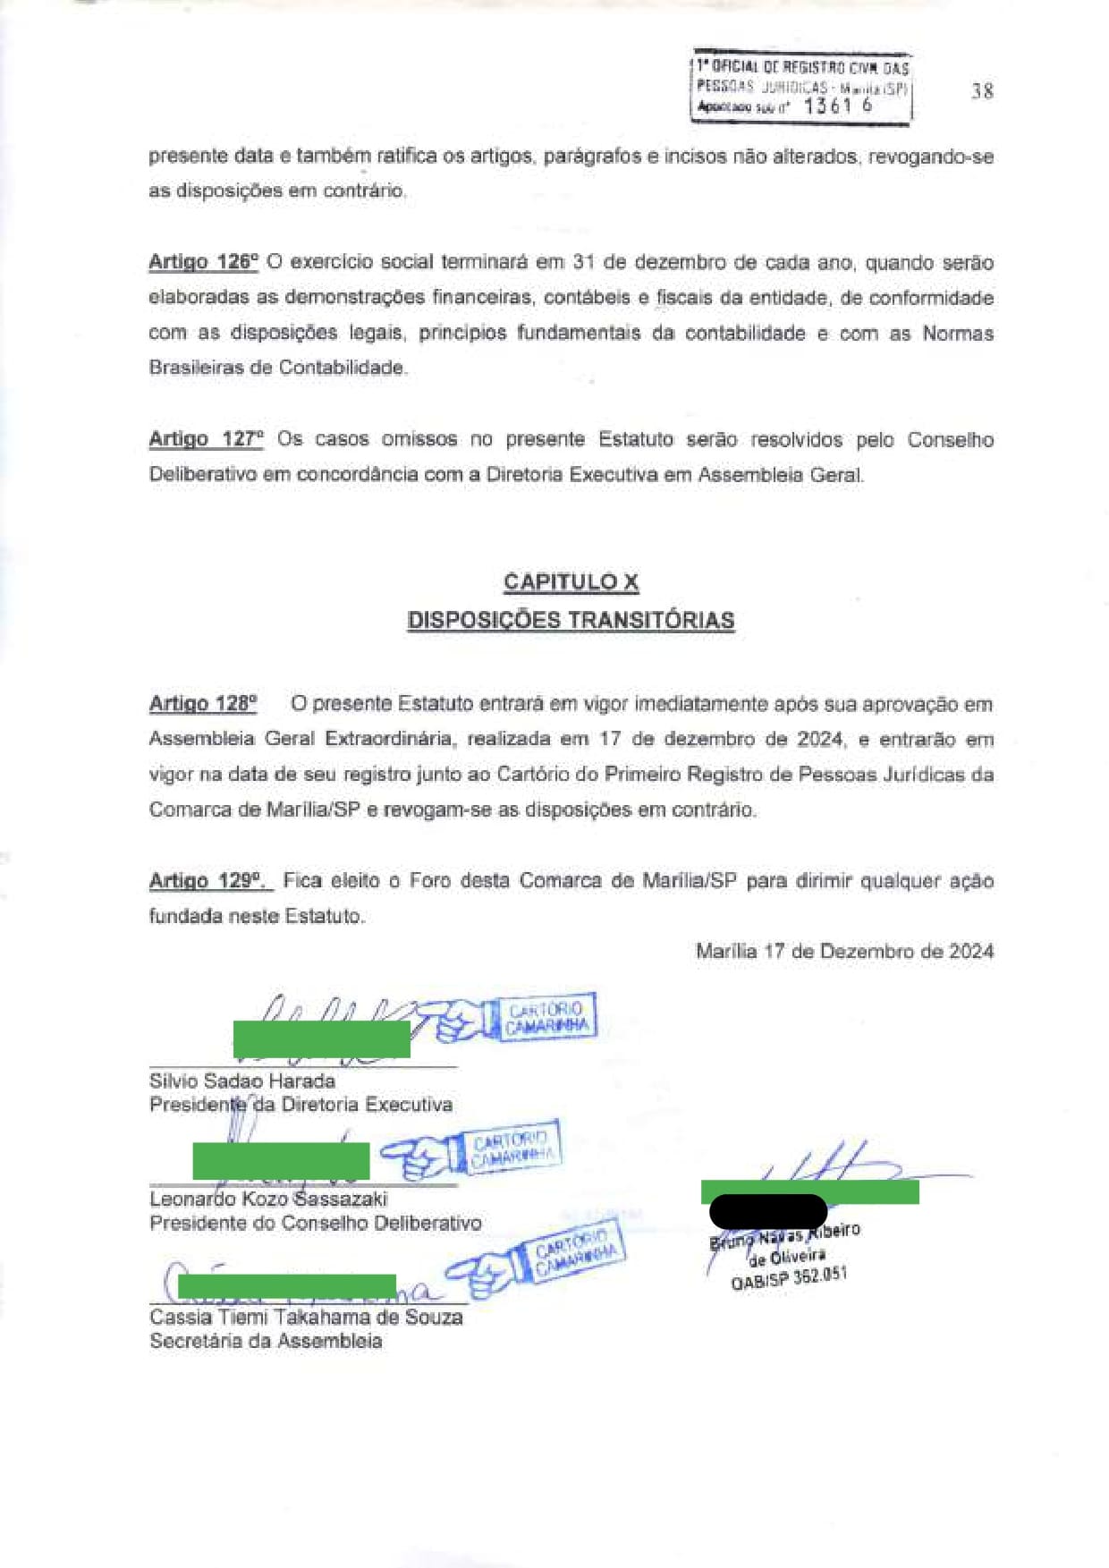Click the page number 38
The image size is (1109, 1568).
982,90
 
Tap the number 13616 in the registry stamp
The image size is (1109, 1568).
837,106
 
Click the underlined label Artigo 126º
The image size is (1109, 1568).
203,262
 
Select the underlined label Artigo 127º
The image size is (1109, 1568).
206,439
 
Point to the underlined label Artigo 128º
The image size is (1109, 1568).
203,704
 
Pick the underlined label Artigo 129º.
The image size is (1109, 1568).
209,881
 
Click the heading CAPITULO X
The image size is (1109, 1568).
571,582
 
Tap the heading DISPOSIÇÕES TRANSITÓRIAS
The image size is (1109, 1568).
571,621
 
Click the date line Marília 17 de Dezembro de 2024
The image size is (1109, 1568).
844,952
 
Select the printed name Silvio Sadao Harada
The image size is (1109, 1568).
241,1081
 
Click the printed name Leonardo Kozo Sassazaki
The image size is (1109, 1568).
268,1199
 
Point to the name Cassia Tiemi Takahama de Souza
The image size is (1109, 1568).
306,1318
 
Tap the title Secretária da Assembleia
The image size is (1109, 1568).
266,1341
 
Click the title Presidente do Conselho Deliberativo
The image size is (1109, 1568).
315,1223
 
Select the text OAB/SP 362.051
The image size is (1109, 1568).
788,1278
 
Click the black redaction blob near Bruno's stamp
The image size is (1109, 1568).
767,1211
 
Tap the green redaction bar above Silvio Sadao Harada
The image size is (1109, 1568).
321,1039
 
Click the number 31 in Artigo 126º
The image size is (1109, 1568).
583,262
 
